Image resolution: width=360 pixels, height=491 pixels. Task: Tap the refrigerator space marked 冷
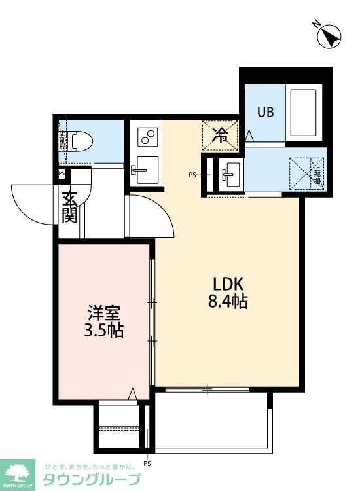pos(222,136)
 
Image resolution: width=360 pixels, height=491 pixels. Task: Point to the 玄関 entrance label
pos(70,206)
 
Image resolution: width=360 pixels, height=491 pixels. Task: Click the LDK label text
pos(228,285)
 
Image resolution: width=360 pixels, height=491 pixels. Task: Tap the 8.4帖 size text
pos(228,302)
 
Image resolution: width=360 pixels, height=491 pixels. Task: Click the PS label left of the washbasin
pos(192,175)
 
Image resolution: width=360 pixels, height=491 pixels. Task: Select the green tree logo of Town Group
pos(19,472)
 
